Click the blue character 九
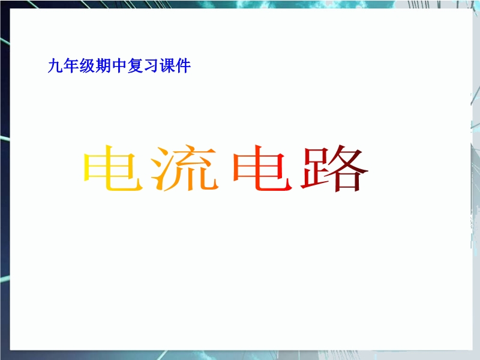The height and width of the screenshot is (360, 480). click(55, 66)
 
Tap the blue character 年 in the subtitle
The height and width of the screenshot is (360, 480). click(71, 66)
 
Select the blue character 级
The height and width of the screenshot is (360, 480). click(87, 66)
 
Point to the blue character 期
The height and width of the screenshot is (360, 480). click(103, 66)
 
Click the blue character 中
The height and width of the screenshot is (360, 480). click(119, 66)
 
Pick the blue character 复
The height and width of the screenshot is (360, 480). click(135, 66)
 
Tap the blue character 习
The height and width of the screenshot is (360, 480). click(151, 66)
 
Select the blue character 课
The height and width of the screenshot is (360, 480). click(167, 66)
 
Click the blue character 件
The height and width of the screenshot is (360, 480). click(183, 66)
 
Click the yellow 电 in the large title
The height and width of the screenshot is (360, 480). click(113, 168)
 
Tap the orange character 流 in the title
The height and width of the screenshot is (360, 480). click(185, 168)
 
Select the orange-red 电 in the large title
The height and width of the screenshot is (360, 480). click(262, 168)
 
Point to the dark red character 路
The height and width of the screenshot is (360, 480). click(334, 168)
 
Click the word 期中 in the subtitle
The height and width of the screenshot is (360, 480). click(111, 66)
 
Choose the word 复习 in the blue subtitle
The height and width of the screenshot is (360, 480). click(143, 66)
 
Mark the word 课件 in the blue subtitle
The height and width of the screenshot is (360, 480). click(175, 66)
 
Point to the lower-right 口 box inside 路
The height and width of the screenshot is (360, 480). click(348, 182)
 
